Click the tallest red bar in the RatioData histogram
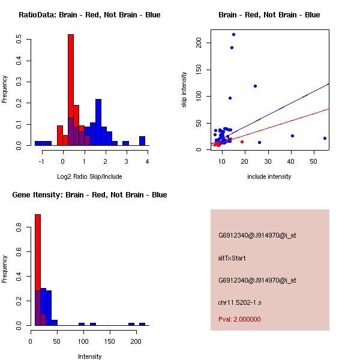click(x=71, y=90)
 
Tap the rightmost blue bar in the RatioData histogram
click(x=142, y=141)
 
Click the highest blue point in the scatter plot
click(x=233, y=34)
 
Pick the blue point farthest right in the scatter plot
click(x=325, y=138)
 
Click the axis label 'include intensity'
click(x=269, y=176)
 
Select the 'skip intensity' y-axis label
click(x=184, y=90)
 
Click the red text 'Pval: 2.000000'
click(x=239, y=319)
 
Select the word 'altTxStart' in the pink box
click(x=232, y=258)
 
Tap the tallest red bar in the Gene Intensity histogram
click(x=37, y=270)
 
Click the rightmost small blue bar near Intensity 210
click(x=142, y=324)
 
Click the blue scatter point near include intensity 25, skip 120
click(x=255, y=86)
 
